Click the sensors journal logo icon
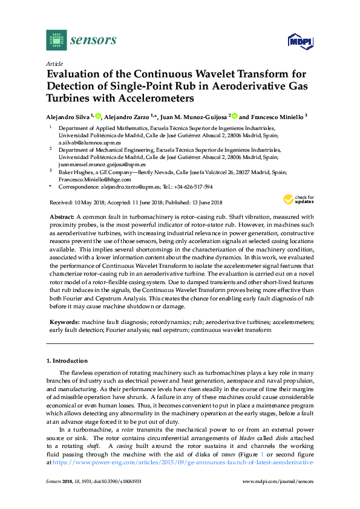tap(57, 40)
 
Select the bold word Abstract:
tap(62, 216)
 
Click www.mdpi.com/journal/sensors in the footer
tap(278, 481)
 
